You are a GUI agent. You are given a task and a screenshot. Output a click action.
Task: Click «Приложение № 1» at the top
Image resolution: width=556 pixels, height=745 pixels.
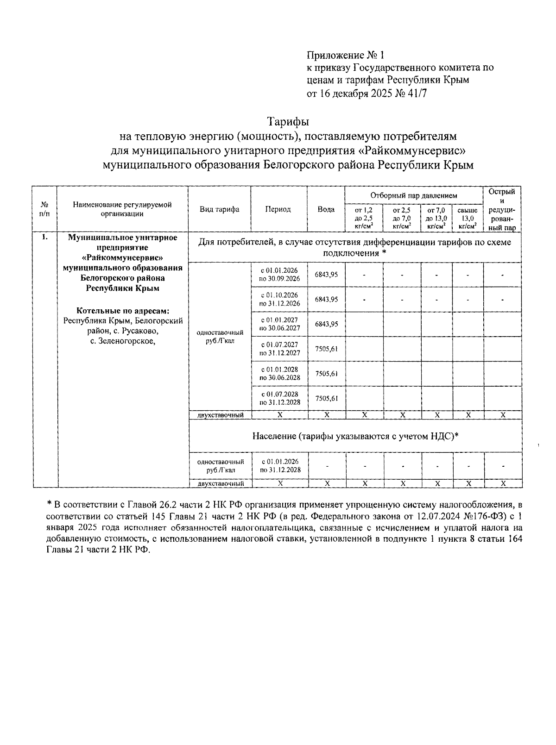[x=345, y=56]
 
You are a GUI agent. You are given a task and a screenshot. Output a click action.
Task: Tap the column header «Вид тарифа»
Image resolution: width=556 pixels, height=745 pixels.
[x=219, y=209]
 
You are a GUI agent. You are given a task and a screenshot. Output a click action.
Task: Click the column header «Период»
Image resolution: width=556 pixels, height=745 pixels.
[x=278, y=209]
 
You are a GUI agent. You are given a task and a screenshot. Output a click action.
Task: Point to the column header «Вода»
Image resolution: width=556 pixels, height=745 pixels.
[x=326, y=209]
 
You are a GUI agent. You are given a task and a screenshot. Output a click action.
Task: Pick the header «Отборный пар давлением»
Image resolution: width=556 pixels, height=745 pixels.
[x=413, y=196]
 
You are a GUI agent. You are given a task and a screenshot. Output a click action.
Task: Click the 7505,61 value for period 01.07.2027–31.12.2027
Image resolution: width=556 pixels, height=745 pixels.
[x=326, y=349]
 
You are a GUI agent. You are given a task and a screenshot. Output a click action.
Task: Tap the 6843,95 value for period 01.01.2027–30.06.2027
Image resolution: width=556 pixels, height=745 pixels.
[x=326, y=324]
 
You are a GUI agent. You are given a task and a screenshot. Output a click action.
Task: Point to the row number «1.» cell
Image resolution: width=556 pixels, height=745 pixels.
[x=44, y=238]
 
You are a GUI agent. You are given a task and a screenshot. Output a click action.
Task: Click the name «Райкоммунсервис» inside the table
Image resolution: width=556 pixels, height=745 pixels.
[x=122, y=257]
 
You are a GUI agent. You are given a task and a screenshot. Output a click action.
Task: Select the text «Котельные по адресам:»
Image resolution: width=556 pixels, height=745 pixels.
[x=122, y=310]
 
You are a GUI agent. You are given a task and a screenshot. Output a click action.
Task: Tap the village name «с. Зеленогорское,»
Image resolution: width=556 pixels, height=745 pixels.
[x=122, y=341]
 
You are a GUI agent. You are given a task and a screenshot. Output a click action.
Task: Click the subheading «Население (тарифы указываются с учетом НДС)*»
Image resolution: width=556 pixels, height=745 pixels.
[x=355, y=436]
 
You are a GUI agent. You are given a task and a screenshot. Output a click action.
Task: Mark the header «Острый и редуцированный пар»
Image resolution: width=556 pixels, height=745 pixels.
[x=502, y=209]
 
